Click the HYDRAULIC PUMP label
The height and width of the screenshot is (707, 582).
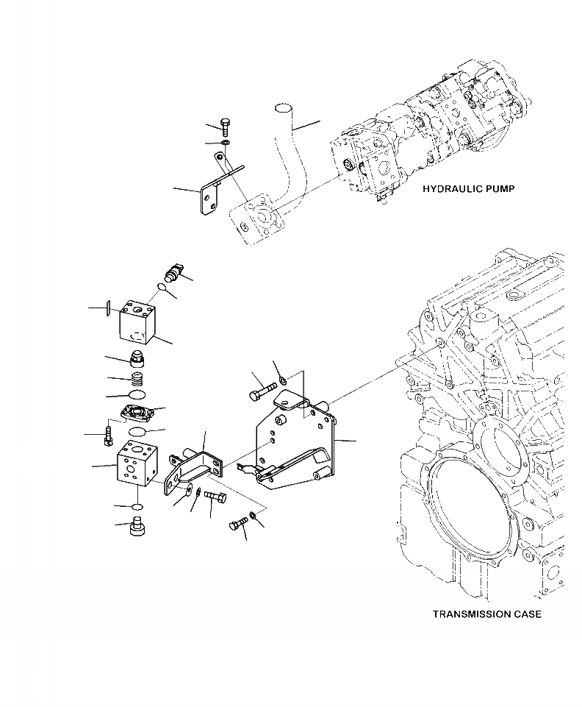point(468,189)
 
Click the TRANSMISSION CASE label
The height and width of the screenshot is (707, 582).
point(486,614)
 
